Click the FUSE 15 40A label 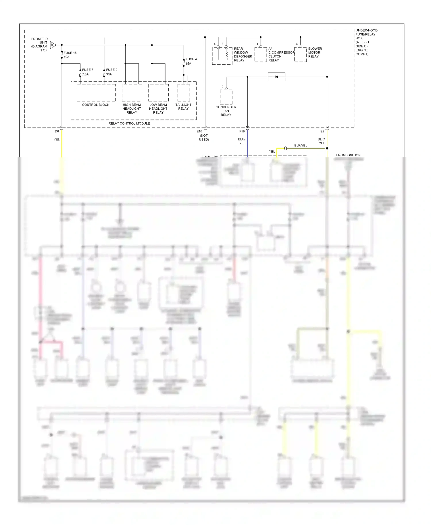click(70, 55)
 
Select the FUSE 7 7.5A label click(87, 72)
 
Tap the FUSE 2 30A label click(111, 72)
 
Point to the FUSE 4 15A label click(191, 61)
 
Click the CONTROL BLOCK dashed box click(96, 92)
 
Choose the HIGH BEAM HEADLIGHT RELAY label click(132, 109)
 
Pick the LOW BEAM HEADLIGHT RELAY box click(158, 92)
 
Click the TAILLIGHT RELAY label click(183, 107)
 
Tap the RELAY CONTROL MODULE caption click(129, 123)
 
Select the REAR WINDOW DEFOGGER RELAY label click(243, 55)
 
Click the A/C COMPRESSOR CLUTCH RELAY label click(281, 55)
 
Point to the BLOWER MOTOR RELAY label click(315, 53)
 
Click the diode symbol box click(276, 77)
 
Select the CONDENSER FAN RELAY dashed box click(226, 97)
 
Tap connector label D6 click(57, 131)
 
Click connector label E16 click(199, 131)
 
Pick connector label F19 click(242, 131)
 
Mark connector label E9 click(322, 131)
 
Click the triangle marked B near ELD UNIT click(53, 45)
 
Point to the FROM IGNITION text click(348, 155)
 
